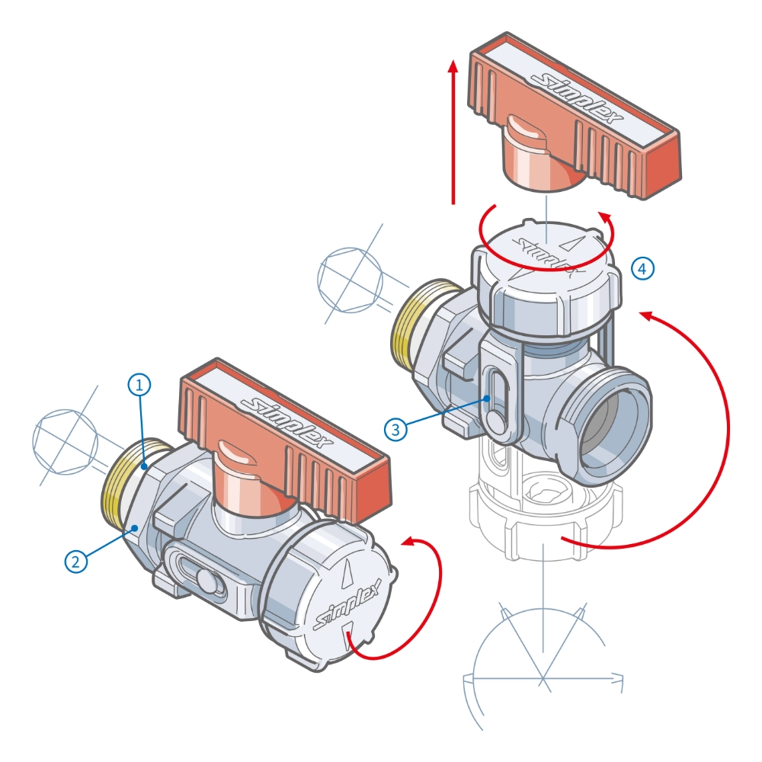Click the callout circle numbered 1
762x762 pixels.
139,385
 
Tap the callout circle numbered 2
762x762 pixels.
75,562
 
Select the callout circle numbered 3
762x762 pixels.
395,430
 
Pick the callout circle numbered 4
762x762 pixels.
642,268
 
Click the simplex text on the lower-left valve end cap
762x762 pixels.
348,604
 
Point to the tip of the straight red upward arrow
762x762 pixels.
453,61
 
